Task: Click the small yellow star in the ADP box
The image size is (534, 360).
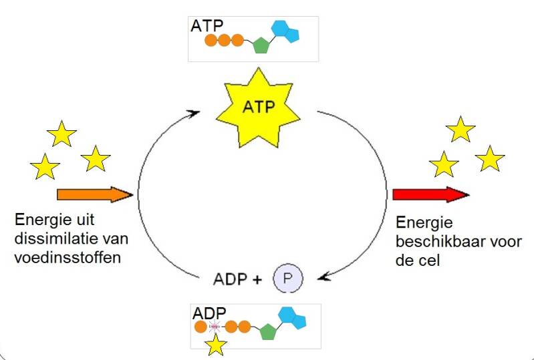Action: pyautogui.click(x=215, y=345)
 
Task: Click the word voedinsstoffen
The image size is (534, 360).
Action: pyautogui.click(x=67, y=257)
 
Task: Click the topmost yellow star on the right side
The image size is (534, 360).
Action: pyautogui.click(x=460, y=129)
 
